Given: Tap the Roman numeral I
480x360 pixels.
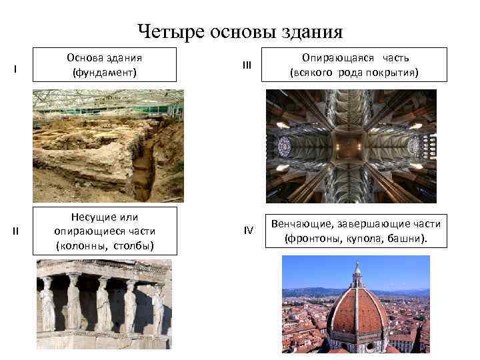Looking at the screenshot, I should point(15,69).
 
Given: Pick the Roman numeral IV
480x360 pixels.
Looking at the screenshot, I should point(248,231).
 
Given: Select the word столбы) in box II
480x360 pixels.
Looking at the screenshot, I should point(133,245).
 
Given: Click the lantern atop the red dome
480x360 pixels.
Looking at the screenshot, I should point(357,275).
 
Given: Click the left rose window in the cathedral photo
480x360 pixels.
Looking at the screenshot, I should point(284,145).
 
